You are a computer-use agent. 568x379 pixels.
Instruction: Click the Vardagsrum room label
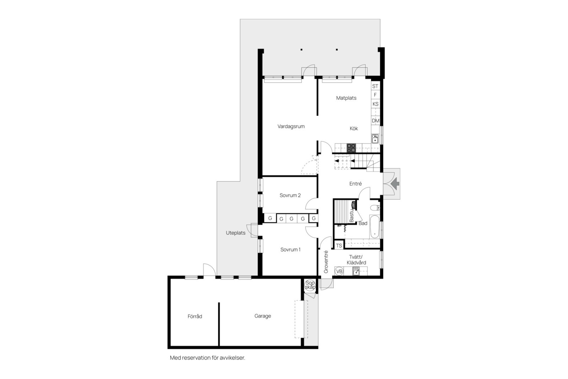click(x=291, y=126)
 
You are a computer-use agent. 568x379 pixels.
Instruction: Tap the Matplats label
click(x=346, y=98)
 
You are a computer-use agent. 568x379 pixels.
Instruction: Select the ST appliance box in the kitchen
click(x=375, y=86)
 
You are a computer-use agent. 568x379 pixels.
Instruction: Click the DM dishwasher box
click(x=375, y=121)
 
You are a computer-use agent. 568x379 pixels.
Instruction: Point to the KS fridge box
click(x=375, y=104)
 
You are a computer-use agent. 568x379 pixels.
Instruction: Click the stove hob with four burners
click(x=351, y=148)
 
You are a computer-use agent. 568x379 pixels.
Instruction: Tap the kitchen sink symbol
click(x=375, y=139)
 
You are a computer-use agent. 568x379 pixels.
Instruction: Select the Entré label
click(x=355, y=184)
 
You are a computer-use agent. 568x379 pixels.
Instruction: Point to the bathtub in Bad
click(x=374, y=226)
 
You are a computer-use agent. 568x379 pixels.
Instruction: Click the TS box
click(x=339, y=245)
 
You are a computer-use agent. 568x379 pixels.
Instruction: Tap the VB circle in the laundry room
click(x=339, y=272)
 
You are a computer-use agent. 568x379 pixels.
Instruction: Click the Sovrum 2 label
click(x=290, y=195)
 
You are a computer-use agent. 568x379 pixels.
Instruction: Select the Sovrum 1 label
click(x=290, y=250)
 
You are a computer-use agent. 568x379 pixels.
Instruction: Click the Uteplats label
click(x=236, y=233)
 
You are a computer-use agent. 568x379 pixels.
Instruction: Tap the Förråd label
click(x=195, y=316)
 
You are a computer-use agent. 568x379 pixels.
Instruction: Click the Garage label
click(x=263, y=316)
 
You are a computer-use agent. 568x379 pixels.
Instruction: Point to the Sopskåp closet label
click(x=310, y=285)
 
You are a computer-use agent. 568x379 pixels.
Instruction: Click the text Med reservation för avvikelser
click(x=208, y=358)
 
